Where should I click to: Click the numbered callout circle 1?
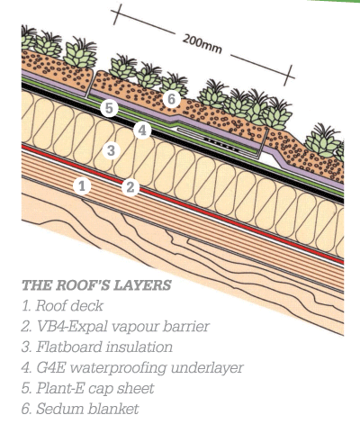point(82,185)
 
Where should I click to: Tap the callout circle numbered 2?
point(130,187)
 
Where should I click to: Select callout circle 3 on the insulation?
point(111,150)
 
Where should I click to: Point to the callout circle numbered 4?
point(142,131)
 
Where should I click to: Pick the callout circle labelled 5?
point(109,108)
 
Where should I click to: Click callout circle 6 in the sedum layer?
point(172,99)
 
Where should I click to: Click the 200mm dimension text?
point(202,44)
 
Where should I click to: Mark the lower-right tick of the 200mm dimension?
point(289,76)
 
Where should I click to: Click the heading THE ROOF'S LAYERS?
point(96,285)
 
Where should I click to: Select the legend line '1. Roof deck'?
point(62,306)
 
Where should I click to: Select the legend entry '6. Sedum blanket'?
point(80,409)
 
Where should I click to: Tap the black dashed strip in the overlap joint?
point(220,144)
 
